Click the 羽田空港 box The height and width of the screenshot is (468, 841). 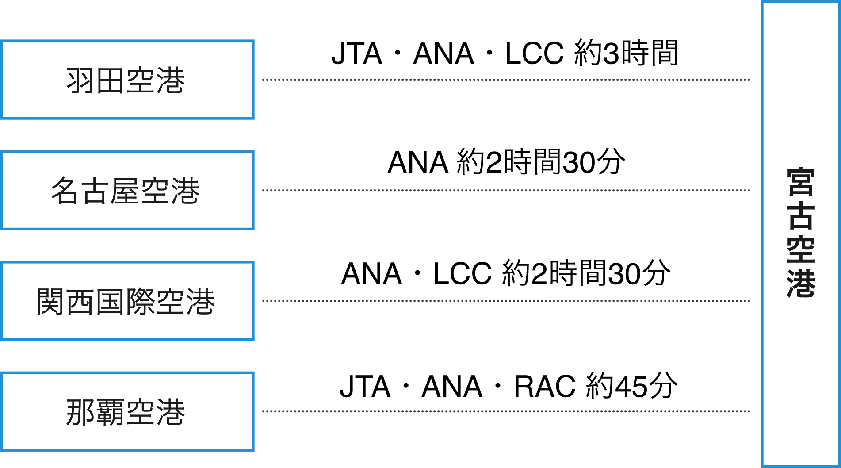pos(127,80)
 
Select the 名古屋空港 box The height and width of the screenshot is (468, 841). pos(127,191)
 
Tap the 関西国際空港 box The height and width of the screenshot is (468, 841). pos(127,301)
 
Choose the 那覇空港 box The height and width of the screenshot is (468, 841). pos(127,412)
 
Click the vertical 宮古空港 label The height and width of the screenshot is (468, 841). pos(801,233)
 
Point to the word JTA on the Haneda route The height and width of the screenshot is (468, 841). pos(356,54)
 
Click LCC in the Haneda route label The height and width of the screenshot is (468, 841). pos(534,54)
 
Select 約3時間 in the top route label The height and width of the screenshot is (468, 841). pos(626,54)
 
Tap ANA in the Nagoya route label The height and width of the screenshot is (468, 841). pos(418,162)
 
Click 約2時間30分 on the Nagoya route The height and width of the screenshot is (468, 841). pos(541,162)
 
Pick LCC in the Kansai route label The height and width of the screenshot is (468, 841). pos(462,274)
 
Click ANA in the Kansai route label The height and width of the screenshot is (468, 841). pos(371,274)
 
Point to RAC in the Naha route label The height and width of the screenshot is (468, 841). pos(544,387)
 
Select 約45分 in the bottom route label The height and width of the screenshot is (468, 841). pos(631,387)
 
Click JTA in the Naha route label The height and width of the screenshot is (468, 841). pos(365,387)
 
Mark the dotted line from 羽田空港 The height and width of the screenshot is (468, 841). pos(506,80)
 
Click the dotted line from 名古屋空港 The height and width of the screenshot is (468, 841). pos(506,190)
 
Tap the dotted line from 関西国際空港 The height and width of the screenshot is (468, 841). pos(506,301)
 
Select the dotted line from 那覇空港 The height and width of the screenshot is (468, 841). pos(506,411)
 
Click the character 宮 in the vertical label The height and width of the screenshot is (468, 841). pos(801,182)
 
